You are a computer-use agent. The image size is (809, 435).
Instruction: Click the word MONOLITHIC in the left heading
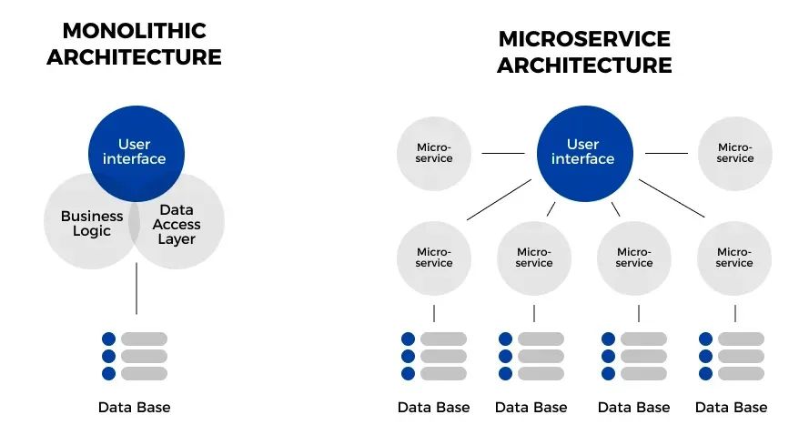coord(134,30)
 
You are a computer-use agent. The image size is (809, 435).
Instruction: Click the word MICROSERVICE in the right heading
coord(584,39)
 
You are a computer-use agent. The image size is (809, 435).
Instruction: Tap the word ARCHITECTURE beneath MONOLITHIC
coord(134,56)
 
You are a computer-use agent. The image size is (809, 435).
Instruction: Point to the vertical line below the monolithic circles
coord(137,288)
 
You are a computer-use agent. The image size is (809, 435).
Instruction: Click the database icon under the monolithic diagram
coord(135,356)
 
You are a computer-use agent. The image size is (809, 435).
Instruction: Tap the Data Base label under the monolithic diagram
coord(135,407)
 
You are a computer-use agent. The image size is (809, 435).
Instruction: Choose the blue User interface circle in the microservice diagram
coord(583,152)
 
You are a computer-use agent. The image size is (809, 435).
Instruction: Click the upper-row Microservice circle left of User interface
coord(434,153)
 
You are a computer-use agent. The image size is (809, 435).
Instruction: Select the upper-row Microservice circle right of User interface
coord(734,153)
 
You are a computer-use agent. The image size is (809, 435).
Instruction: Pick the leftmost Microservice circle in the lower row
coord(434,258)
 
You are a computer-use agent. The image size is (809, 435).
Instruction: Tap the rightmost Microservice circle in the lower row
coord(734,258)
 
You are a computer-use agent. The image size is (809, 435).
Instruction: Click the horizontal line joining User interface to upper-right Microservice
coord(666,153)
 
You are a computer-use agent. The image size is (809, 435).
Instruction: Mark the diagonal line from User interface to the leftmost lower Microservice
coord(499,199)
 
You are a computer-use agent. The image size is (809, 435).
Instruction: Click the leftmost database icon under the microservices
coord(434,356)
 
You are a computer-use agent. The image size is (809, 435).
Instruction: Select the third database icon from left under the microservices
coord(634,356)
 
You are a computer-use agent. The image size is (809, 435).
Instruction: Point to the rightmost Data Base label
coord(732,407)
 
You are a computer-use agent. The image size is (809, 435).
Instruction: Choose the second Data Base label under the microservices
coord(531,407)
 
